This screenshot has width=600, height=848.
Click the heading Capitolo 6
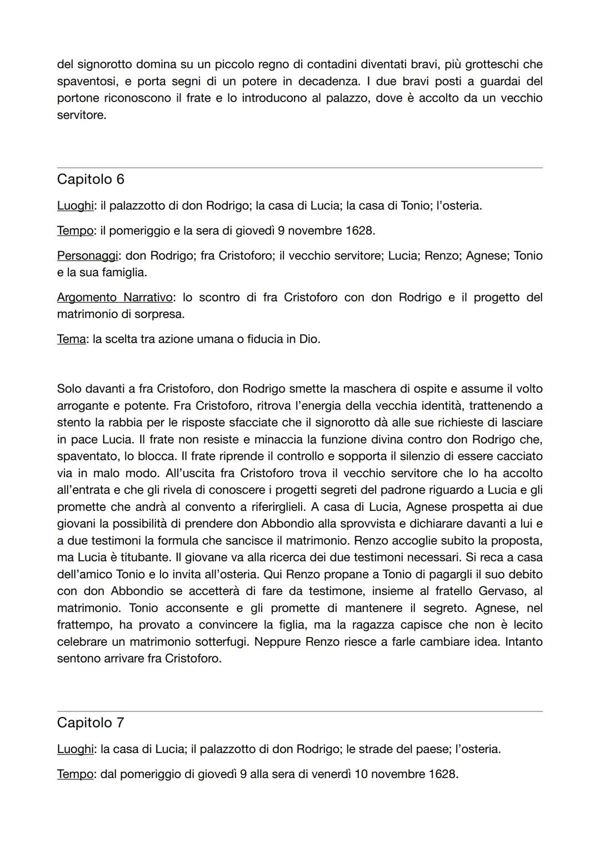[x=91, y=179]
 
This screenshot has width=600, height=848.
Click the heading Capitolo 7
[x=91, y=722]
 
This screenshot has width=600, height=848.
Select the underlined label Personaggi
[x=87, y=256]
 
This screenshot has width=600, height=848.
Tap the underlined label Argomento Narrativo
[x=115, y=298]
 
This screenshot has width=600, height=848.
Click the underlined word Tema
[x=71, y=339]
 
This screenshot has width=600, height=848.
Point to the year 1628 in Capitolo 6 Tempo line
[x=359, y=230]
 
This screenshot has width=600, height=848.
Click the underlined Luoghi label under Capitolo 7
[x=74, y=749]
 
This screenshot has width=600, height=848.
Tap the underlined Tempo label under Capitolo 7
[x=74, y=774]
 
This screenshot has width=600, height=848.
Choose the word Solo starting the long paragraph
[x=69, y=389]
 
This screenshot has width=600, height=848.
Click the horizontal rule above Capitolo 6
[x=300, y=168]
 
